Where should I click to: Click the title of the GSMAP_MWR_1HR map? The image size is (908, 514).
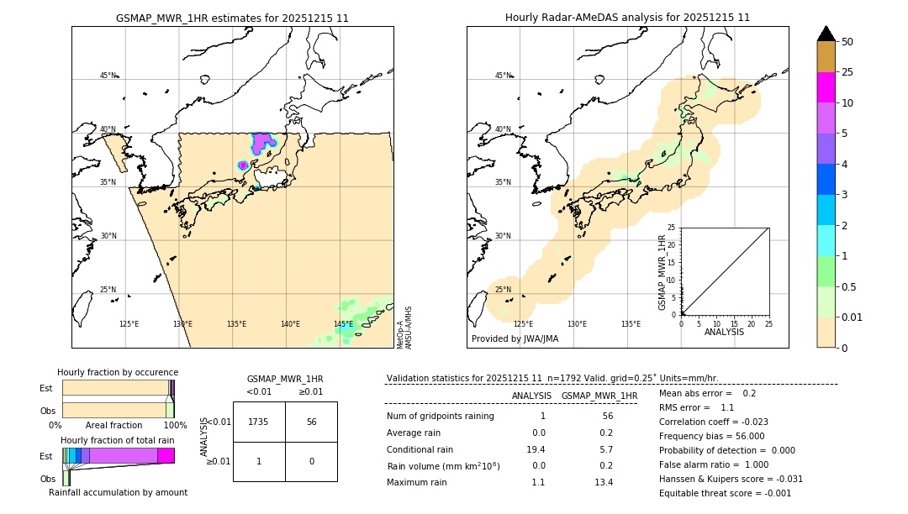point(232,18)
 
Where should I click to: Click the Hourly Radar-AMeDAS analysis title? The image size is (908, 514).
point(627,18)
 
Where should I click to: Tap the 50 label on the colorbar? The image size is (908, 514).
point(847,41)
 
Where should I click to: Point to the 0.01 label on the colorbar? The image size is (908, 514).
point(853,317)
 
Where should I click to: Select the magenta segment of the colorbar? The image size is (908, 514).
point(826,87)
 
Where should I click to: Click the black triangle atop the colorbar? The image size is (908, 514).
point(826,34)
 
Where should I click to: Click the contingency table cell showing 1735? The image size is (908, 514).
point(259,422)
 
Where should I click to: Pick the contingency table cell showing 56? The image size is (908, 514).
point(311,422)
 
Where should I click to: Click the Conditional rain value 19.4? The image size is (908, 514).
point(538,449)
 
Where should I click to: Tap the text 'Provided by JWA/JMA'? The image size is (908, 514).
point(515,339)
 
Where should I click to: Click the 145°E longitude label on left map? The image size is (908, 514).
point(343,324)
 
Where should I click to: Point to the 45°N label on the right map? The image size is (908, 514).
point(503,76)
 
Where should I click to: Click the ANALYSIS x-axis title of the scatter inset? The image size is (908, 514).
point(724,332)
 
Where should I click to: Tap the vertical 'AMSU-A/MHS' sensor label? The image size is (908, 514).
point(408,328)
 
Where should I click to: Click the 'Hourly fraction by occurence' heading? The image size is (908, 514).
point(118,372)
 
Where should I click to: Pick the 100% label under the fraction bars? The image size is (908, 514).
point(175,425)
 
